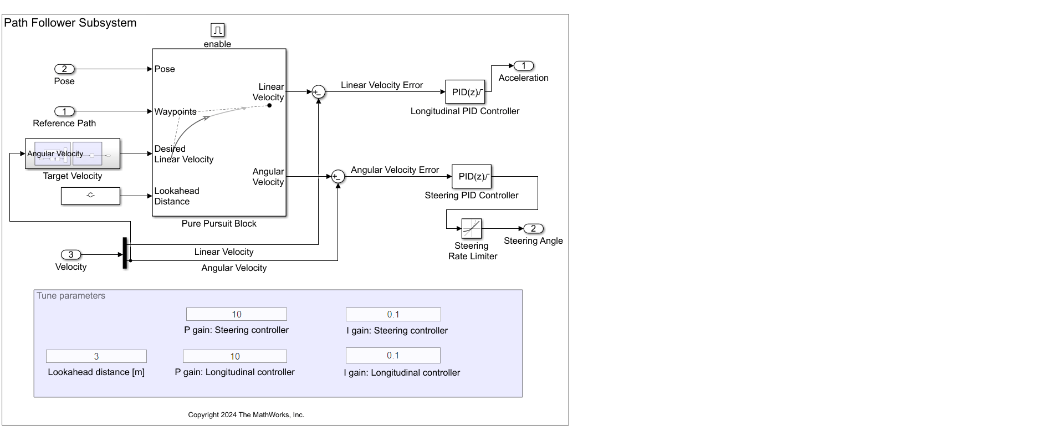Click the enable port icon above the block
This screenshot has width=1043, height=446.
tap(217, 30)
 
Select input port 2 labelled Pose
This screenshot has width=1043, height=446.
tap(64, 69)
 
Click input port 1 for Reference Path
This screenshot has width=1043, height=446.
tap(64, 111)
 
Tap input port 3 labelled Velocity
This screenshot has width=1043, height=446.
tap(71, 255)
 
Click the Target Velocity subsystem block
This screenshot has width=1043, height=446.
tap(73, 154)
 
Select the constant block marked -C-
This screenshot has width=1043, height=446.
tap(90, 196)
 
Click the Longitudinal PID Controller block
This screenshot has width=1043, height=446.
tap(465, 92)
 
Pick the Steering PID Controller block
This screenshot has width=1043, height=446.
tap(472, 176)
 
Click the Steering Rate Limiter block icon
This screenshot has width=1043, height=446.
tap(472, 228)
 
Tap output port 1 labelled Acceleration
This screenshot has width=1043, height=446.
tap(524, 66)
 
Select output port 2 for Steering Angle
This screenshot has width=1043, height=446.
tap(534, 229)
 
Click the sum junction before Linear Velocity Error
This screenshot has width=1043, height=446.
tap(318, 92)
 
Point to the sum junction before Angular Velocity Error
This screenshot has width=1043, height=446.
tap(338, 177)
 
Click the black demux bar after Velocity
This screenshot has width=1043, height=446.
tap(125, 253)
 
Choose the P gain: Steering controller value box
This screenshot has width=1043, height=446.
tap(237, 314)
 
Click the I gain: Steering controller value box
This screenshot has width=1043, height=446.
tap(393, 314)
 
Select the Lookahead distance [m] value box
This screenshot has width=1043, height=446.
tap(96, 356)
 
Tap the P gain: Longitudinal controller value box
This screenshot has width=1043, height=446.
tap(235, 356)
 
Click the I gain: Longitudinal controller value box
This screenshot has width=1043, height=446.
tap(393, 355)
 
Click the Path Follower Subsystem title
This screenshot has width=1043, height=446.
tap(70, 23)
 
